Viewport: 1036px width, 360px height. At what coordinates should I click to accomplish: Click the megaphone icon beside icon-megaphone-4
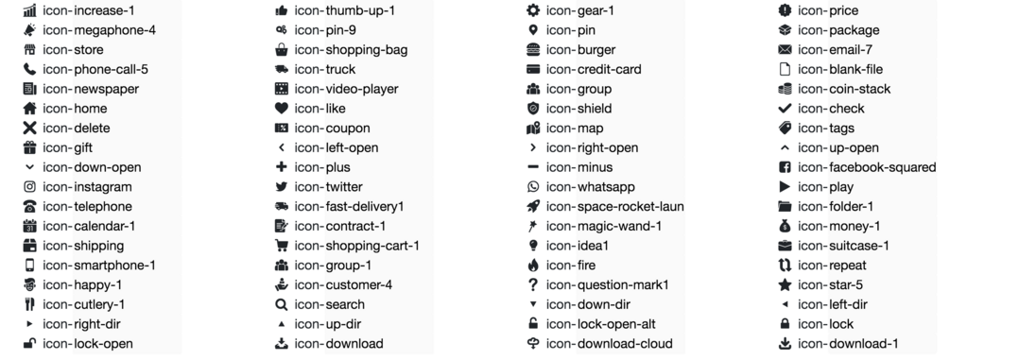(x=29, y=29)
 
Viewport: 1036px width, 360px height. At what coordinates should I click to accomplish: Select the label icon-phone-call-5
(x=95, y=69)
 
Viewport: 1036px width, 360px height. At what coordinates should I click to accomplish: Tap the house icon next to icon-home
(x=29, y=109)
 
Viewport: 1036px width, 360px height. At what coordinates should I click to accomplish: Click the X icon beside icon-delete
(x=29, y=129)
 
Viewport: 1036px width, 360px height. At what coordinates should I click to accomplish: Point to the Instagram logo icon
(x=29, y=187)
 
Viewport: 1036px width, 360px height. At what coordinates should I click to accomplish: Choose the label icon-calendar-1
(x=89, y=226)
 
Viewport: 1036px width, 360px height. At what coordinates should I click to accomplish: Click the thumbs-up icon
(x=282, y=10)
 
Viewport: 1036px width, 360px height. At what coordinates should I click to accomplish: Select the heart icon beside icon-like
(x=282, y=109)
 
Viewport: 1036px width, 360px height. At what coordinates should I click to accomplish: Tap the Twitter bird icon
(x=282, y=187)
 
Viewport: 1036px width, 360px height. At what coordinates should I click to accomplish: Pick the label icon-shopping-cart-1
(x=356, y=246)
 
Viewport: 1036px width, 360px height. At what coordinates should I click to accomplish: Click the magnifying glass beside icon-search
(x=282, y=304)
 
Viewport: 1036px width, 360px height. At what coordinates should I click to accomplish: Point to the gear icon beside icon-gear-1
(x=533, y=10)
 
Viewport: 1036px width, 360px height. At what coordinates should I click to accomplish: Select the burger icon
(x=533, y=49)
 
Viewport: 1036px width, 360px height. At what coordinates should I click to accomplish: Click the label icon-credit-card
(x=594, y=69)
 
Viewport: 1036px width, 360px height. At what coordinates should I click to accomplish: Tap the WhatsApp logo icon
(x=533, y=187)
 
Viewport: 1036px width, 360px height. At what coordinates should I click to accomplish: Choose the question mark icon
(x=533, y=284)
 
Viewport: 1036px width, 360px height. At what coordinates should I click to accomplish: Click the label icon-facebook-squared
(x=867, y=167)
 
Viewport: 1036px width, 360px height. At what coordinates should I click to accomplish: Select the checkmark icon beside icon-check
(x=785, y=109)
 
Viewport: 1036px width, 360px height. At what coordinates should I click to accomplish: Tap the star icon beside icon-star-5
(x=785, y=284)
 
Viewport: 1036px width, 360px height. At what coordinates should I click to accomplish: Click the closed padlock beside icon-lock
(x=785, y=324)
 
